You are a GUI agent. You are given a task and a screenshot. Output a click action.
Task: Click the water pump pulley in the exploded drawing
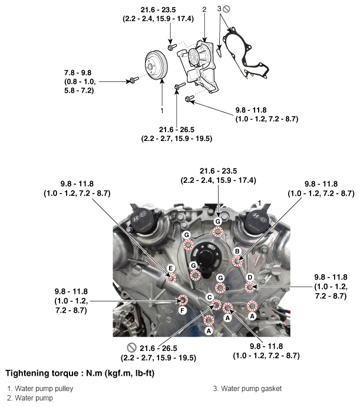pyautogui.click(x=156, y=66)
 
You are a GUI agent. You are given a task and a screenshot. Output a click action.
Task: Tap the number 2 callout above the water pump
pyautogui.click(x=204, y=9)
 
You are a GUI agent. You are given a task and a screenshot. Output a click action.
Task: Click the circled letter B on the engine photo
pyautogui.click(x=237, y=251)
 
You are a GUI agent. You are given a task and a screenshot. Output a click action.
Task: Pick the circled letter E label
pyautogui.click(x=170, y=268)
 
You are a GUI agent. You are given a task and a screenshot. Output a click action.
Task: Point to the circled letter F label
pyautogui.click(x=183, y=310)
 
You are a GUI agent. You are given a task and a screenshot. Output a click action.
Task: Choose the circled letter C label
pyautogui.click(x=209, y=297)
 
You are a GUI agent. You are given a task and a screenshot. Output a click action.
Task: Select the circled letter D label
pyautogui.click(x=250, y=277)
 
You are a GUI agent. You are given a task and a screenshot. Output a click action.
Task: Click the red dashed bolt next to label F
pyautogui.click(x=183, y=300)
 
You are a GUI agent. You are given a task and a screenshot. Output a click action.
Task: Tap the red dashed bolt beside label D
pyautogui.click(x=250, y=287)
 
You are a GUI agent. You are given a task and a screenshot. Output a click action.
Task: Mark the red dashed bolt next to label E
pyautogui.click(x=171, y=278)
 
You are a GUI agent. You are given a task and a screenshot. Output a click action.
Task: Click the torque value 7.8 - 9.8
pyautogui.click(x=78, y=73)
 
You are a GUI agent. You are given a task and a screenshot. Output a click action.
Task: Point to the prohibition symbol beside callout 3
pyautogui.click(x=226, y=9)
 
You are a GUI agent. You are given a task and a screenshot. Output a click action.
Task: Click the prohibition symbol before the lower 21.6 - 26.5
pyautogui.click(x=132, y=347)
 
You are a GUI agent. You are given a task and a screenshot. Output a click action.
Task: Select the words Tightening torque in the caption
pyautogui.click(x=42, y=373)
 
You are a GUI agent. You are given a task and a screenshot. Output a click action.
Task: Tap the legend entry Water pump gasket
pyautogui.click(x=247, y=389)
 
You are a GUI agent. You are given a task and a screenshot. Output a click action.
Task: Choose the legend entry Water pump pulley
pyautogui.click(x=40, y=389)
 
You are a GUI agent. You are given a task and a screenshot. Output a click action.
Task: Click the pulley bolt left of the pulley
pyautogui.click(x=134, y=80)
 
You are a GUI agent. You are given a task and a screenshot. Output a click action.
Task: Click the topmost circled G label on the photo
pyautogui.click(x=218, y=221)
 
